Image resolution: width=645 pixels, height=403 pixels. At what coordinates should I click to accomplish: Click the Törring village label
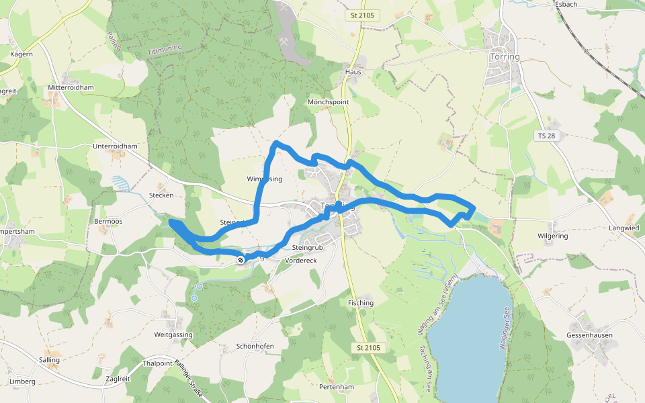click(x=505, y=57)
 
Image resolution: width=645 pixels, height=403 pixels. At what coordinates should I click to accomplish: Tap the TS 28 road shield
click(x=547, y=136)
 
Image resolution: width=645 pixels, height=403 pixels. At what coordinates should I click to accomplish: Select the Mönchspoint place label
click(x=328, y=102)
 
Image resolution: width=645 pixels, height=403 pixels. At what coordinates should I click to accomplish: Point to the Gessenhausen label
click(x=589, y=334)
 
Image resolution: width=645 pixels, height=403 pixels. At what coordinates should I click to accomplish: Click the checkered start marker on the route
click(x=241, y=259)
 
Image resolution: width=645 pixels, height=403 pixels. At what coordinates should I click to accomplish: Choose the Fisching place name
click(x=361, y=303)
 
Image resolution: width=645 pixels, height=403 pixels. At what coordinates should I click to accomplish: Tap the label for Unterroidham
click(x=115, y=146)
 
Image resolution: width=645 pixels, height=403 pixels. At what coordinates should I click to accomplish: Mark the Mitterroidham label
click(x=71, y=87)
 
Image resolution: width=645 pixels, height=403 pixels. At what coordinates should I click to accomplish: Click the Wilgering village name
click(x=552, y=236)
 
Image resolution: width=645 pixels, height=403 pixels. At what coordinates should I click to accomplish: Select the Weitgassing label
click(x=173, y=334)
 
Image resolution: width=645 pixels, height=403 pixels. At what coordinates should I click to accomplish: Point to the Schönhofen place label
click(x=255, y=346)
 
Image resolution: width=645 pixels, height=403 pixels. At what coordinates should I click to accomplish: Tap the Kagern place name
click(x=21, y=54)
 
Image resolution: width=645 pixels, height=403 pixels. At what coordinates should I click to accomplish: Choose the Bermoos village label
click(x=108, y=221)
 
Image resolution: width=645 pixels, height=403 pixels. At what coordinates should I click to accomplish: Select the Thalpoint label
click(x=158, y=363)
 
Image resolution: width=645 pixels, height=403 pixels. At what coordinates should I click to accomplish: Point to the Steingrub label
click(x=308, y=247)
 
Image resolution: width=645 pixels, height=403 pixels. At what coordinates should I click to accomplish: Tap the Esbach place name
click(x=566, y=4)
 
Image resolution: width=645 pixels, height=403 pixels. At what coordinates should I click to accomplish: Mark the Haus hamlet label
click(x=353, y=72)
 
